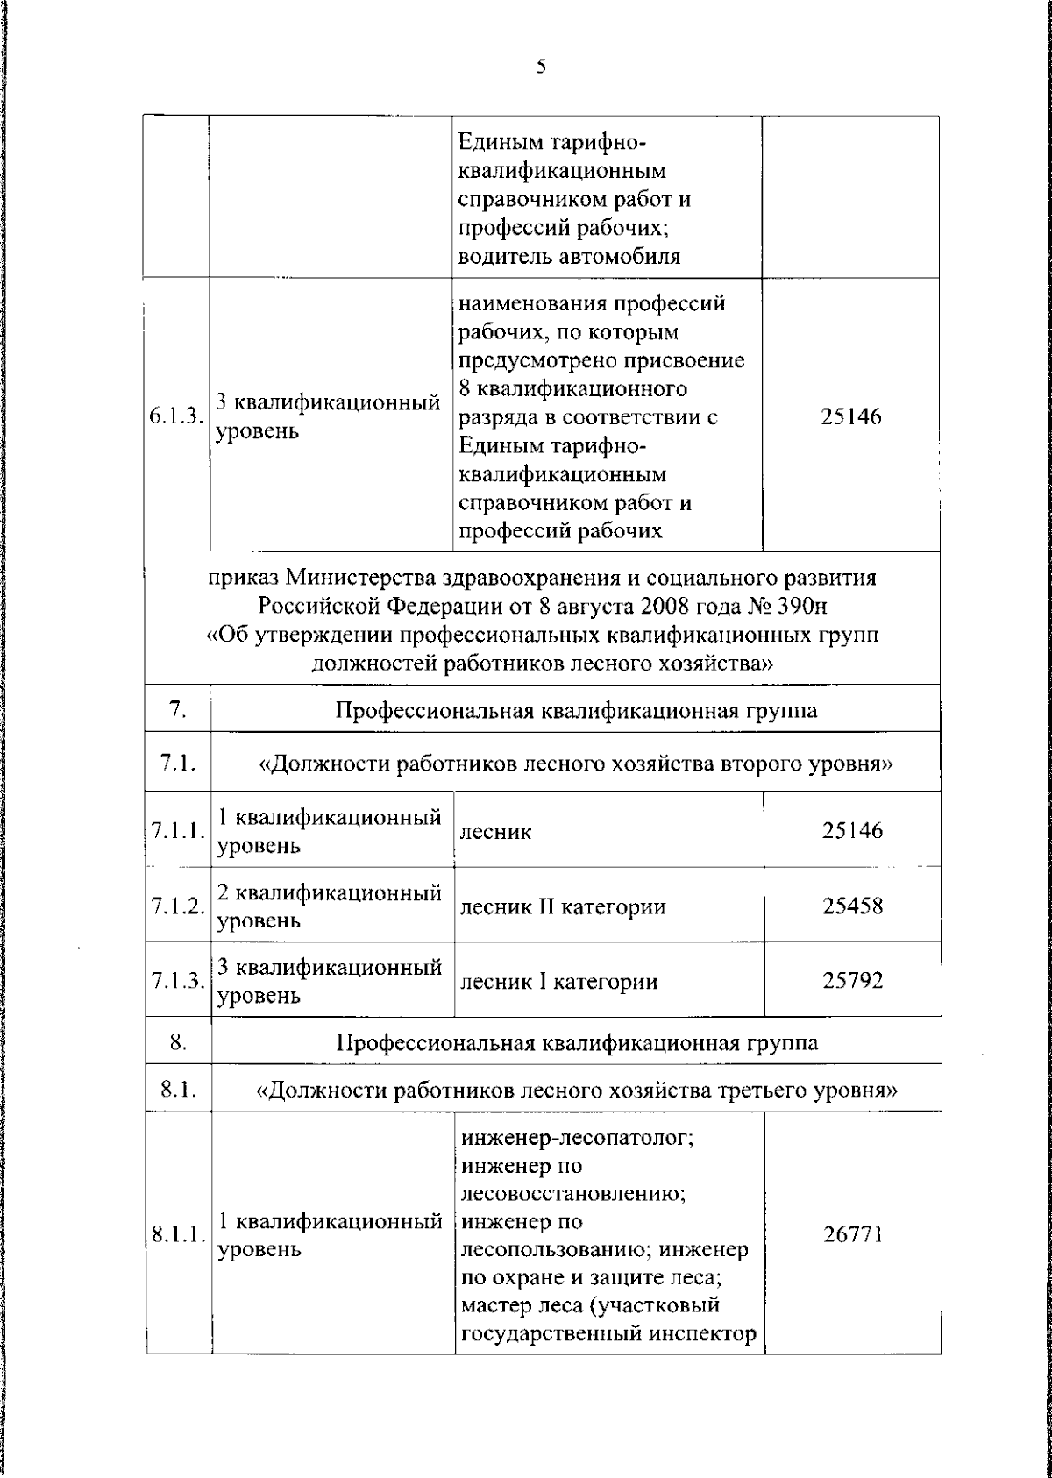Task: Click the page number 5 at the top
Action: click(541, 67)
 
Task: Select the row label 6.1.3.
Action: click(175, 417)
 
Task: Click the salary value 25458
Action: click(852, 906)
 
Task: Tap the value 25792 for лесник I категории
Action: click(852, 980)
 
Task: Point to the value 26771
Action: click(852, 1234)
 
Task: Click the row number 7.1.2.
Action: click(177, 906)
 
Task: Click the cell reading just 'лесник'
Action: click(483, 831)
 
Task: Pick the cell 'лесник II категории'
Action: click(562, 906)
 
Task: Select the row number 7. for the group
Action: click(177, 709)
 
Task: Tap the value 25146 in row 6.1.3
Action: click(850, 417)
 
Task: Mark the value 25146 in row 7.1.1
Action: click(852, 830)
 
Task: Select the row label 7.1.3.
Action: click(177, 981)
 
